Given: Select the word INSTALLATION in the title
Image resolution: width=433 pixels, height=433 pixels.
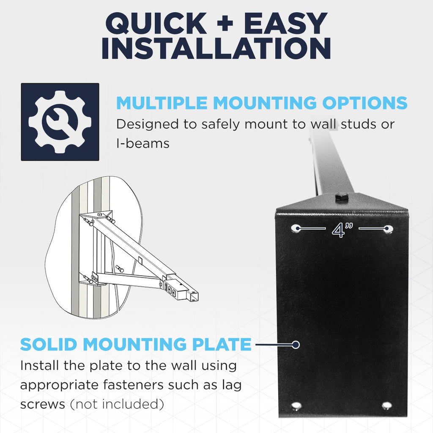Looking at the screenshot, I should point(216,49).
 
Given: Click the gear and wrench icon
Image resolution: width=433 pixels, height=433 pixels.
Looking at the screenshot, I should point(60,122).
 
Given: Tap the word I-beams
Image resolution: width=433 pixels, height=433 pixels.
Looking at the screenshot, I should point(143,143).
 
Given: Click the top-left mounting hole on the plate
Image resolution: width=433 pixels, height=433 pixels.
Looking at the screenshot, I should point(296,228).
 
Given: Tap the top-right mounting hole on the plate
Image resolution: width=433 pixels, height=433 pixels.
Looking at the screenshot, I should point(388,229).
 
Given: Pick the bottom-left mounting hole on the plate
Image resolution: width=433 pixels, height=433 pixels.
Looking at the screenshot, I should point(297,406).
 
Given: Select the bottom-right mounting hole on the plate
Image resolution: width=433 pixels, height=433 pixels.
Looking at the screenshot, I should point(386,406).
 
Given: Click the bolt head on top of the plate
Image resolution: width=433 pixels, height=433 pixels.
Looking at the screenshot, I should point(341,197).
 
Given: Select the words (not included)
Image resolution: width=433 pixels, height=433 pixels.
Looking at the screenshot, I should point(117,404).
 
